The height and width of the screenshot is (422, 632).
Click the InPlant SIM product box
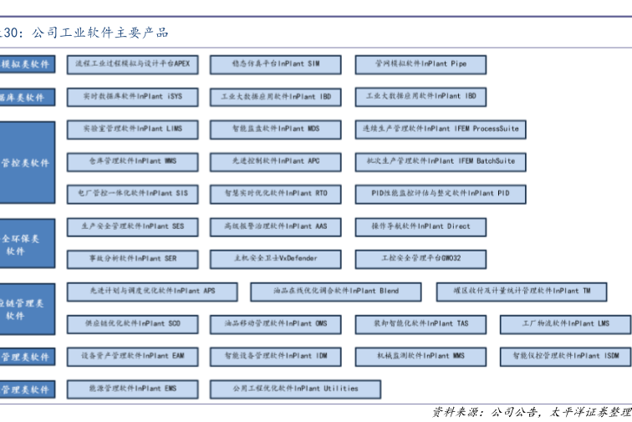click(x=275, y=64)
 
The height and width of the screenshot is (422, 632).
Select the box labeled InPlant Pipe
click(x=420, y=64)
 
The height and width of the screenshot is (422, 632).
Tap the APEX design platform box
click(x=132, y=64)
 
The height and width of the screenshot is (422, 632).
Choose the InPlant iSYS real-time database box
click(x=132, y=97)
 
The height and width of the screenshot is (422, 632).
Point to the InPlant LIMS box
click(x=132, y=130)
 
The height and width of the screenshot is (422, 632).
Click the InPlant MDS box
click(x=275, y=130)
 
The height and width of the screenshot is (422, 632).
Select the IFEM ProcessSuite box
click(x=440, y=130)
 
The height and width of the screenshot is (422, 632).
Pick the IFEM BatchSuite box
click(x=440, y=161)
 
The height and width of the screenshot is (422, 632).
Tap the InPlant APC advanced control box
click(x=275, y=161)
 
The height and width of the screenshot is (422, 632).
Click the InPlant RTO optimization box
click(x=275, y=194)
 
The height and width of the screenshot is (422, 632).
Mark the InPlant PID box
click(x=440, y=194)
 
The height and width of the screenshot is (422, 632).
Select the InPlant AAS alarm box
click(x=275, y=226)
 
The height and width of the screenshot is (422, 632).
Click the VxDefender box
click(x=275, y=259)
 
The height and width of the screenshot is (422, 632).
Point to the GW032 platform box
click(x=420, y=259)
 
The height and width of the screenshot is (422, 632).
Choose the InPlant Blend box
click(x=335, y=292)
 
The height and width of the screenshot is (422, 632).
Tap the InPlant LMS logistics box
click(x=565, y=324)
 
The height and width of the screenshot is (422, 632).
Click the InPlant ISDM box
click(x=565, y=357)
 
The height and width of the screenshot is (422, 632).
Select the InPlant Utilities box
click(x=295, y=389)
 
